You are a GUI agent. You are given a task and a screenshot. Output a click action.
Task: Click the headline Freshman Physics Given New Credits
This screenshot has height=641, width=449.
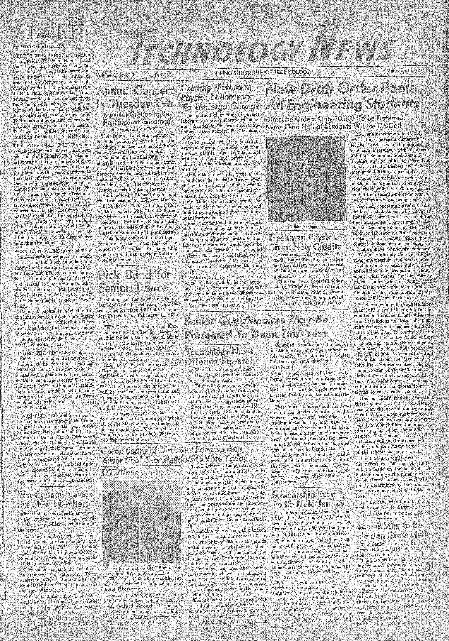305,242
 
